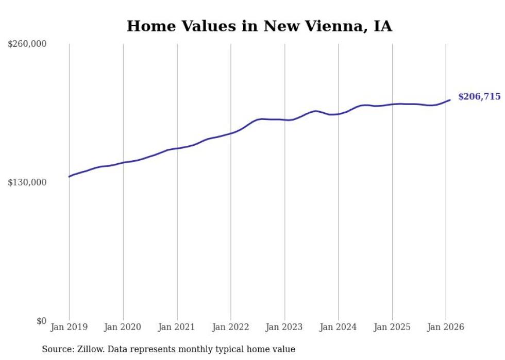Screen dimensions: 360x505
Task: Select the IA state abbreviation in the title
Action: coord(382,26)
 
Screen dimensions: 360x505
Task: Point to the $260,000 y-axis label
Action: coord(27,44)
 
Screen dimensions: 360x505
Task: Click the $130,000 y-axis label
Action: coord(27,182)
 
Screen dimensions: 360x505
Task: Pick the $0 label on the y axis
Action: coord(41,321)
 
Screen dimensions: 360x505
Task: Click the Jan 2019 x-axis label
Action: coord(69,327)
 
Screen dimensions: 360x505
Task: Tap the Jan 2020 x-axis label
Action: coord(123,327)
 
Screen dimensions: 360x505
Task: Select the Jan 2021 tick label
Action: coord(177,327)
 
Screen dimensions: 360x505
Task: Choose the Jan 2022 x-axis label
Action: coord(231,327)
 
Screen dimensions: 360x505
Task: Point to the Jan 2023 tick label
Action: coord(284,327)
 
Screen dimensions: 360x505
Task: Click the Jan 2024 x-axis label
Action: coord(338,327)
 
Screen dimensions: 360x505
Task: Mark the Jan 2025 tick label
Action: coord(392,327)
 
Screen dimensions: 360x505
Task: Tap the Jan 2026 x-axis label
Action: coord(446,327)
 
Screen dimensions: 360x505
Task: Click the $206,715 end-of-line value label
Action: coord(479,97)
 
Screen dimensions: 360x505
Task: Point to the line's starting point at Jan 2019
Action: coord(69,177)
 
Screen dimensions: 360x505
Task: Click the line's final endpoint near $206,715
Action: coord(450,100)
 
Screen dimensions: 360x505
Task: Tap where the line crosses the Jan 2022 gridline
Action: coord(231,133)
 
